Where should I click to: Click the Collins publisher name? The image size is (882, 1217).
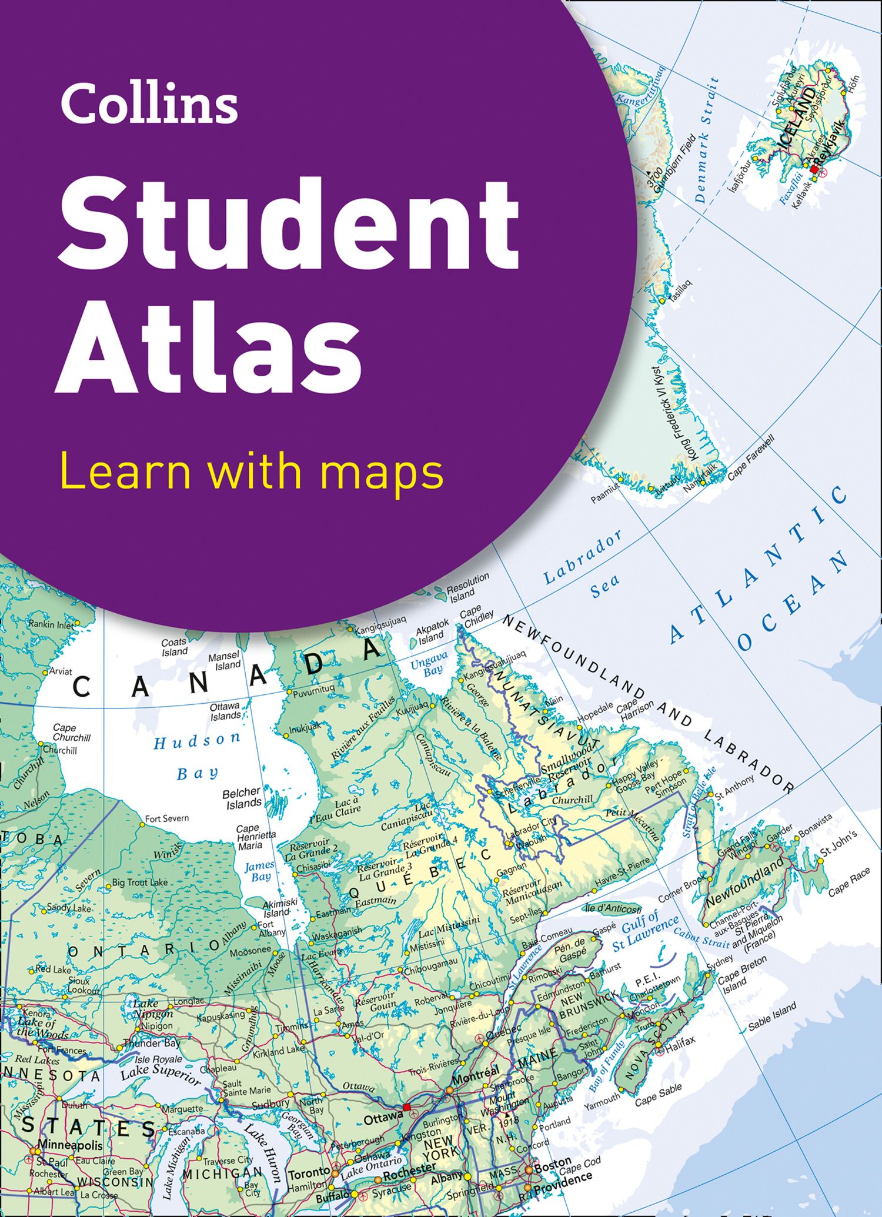click(x=149, y=103)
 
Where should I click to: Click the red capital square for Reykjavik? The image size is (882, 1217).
click(x=814, y=169)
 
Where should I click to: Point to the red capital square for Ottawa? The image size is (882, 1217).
click(x=406, y=1107)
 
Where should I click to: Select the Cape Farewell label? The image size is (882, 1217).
click(x=751, y=459)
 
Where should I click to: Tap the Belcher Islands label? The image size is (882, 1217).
click(x=242, y=798)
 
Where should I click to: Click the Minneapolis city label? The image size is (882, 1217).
click(x=70, y=1145)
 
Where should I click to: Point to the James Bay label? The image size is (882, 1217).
click(x=259, y=871)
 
